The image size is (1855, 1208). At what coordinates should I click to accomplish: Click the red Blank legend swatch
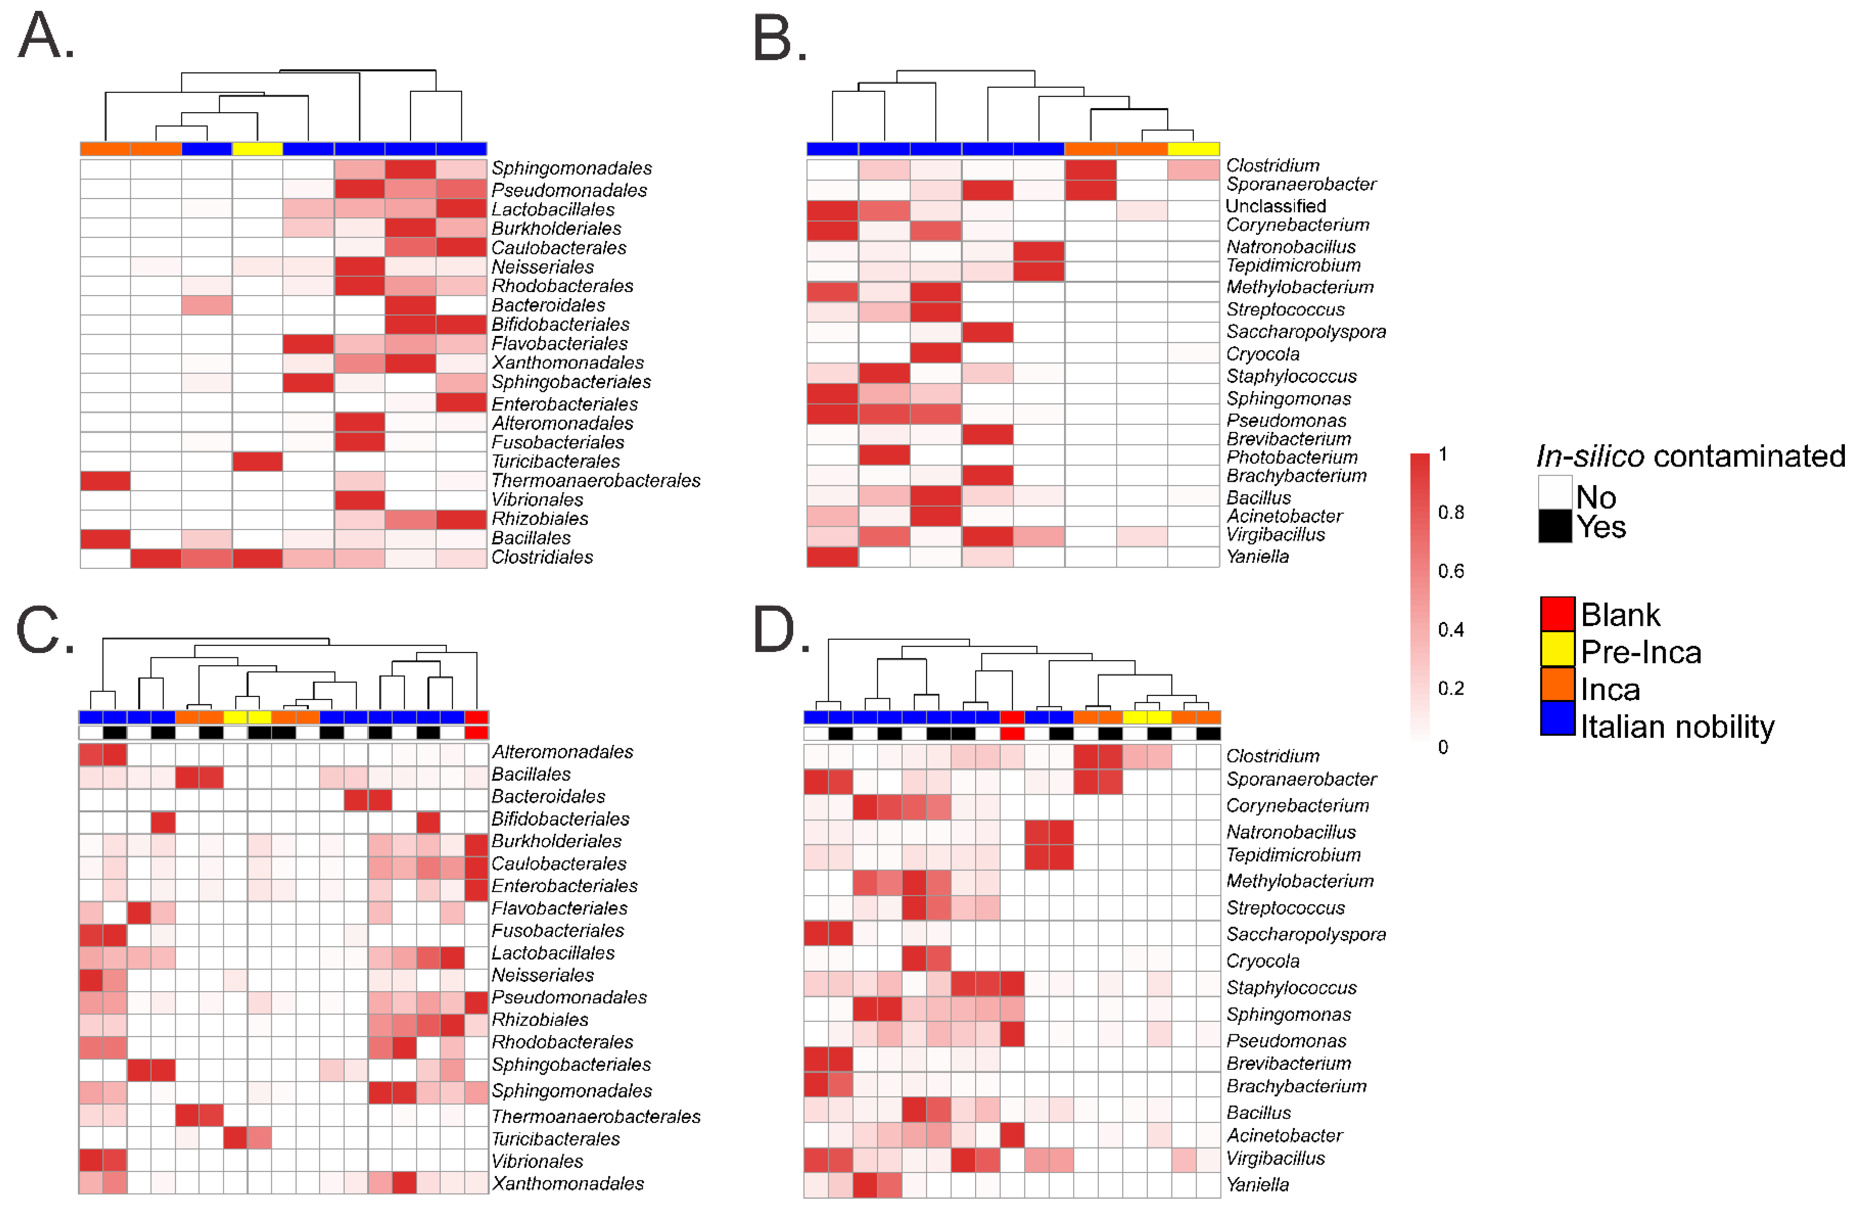pos(1556,614)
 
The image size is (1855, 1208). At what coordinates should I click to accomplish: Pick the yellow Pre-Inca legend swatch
pos(1556,650)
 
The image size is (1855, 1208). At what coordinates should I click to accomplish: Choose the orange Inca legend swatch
pos(1556,686)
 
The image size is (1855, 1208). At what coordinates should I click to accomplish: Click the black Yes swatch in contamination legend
pos(1554,526)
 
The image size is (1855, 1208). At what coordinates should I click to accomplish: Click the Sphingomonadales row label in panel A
pos(571,168)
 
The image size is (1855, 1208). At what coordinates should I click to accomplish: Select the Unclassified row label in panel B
pos(1275,207)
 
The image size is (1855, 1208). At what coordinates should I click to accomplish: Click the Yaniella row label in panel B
pos(1257,556)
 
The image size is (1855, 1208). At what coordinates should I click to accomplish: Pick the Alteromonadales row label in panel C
pos(562,752)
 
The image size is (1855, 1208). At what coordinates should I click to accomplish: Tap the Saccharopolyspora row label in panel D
pos(1306,934)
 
